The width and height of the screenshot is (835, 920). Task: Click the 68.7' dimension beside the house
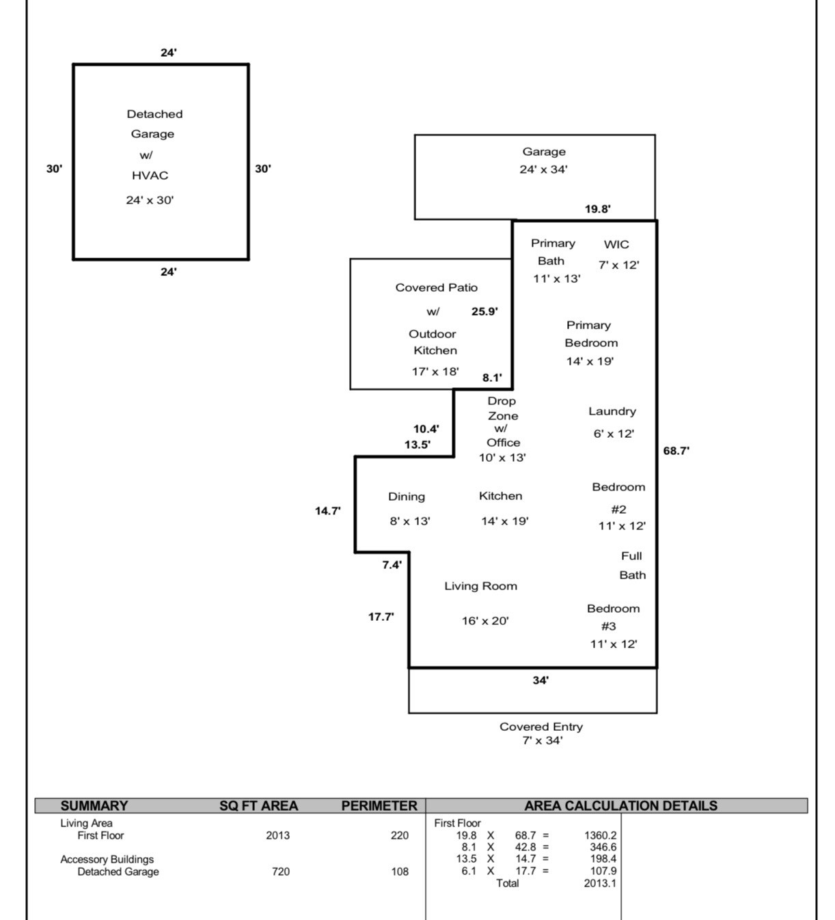tap(676, 451)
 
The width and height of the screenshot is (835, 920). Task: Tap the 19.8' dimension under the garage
tap(598, 209)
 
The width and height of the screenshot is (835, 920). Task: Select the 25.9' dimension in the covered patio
tap(484, 311)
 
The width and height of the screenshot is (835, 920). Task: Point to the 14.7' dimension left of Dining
tap(328, 511)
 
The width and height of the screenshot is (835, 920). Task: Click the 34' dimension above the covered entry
tap(540, 680)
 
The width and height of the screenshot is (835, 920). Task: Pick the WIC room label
tap(616, 245)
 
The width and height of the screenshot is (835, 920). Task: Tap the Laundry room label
tap(612, 411)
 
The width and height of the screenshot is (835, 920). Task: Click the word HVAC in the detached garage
tap(150, 176)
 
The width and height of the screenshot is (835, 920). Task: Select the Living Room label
tap(480, 586)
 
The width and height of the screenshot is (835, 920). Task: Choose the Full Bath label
tap(632, 566)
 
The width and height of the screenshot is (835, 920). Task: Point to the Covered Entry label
tap(541, 727)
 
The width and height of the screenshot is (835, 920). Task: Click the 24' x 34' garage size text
tap(543, 169)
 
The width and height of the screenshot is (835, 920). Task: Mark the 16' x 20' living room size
tap(485, 621)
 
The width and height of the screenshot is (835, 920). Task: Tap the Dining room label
tap(407, 497)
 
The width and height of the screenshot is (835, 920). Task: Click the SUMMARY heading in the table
tap(94, 806)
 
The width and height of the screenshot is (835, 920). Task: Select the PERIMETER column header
tap(379, 806)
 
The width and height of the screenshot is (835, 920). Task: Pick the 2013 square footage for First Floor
tap(277, 835)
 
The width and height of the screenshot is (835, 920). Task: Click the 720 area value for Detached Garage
tap(280, 872)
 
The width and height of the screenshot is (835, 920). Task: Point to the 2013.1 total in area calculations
tap(600, 883)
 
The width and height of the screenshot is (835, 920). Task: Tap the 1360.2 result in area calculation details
tap(600, 835)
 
